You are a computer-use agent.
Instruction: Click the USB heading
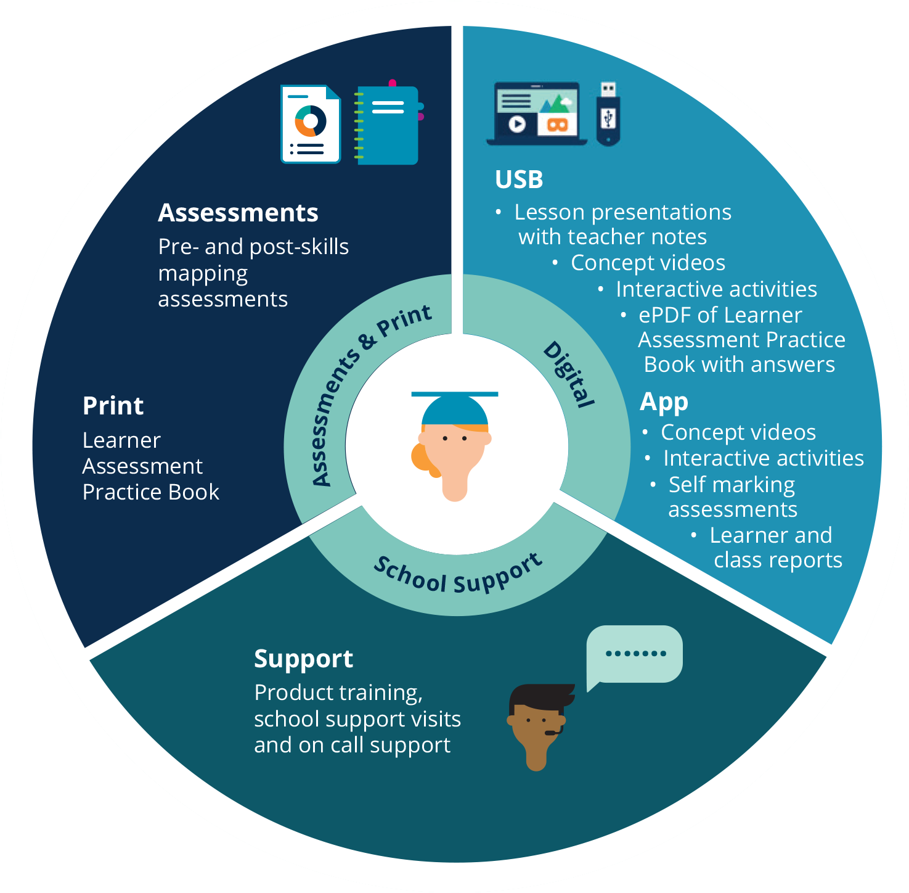(x=519, y=179)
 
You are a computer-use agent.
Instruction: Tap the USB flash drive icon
(x=608, y=114)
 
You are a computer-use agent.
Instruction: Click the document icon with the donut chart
(x=311, y=124)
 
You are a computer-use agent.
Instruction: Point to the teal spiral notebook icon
(x=387, y=124)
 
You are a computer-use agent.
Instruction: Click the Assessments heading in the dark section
(x=238, y=213)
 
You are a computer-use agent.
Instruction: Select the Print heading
(x=113, y=406)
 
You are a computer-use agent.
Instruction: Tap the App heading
(x=664, y=402)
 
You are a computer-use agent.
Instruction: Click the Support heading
(x=303, y=659)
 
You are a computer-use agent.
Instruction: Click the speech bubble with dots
(x=635, y=654)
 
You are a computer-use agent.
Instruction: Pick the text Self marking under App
(x=732, y=485)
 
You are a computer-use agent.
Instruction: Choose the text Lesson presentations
(x=622, y=212)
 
